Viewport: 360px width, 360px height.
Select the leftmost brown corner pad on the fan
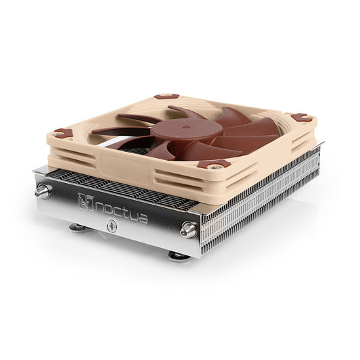pyautogui.click(x=63, y=132)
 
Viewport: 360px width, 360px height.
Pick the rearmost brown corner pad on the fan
pyautogui.click(x=166, y=97)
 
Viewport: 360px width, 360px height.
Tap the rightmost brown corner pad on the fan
pyautogui.click(x=301, y=117)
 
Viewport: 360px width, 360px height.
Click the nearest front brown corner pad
pyautogui.click(x=215, y=164)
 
